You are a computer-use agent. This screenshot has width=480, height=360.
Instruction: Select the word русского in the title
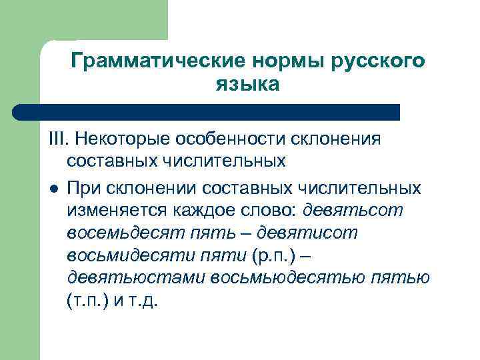[x=379, y=61]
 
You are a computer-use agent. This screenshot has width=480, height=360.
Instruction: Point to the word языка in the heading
[x=247, y=85]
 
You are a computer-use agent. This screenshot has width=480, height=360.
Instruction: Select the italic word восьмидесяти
[x=124, y=254]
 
